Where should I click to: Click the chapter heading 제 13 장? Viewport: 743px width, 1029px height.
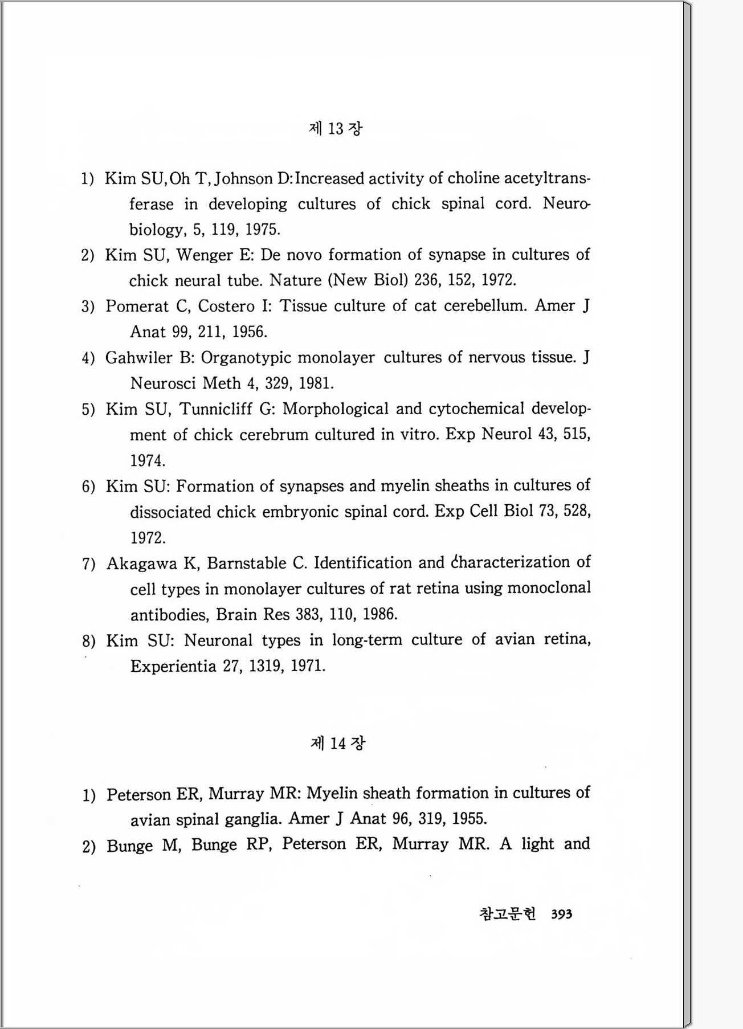coord(335,129)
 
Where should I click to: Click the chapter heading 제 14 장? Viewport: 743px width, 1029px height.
coord(337,743)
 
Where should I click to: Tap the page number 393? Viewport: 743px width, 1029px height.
coord(561,914)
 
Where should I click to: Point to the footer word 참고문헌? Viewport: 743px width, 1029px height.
coord(507,914)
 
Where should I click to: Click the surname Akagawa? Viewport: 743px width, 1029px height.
coord(142,563)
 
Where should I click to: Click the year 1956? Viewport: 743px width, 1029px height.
coord(250,332)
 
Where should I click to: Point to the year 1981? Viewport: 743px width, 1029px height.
coord(316,383)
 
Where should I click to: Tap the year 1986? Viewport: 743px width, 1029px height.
coord(379,614)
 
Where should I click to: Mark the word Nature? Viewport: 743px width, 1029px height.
coord(296,280)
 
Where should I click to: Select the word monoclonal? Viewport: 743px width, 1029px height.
coord(549,588)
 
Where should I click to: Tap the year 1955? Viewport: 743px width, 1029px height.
coord(469,819)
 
